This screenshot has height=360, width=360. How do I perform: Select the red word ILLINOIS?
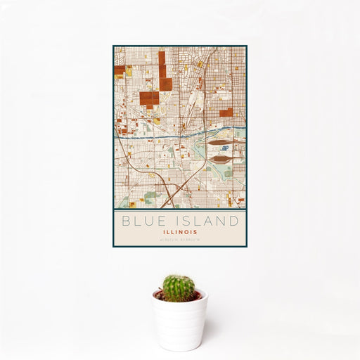tap(180, 231)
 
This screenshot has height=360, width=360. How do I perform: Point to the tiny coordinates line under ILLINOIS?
tap(180, 239)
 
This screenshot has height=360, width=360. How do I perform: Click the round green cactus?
tap(179, 288)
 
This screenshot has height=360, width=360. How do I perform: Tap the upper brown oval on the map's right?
tap(222, 143)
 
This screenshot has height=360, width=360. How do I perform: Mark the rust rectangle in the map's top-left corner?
tap(120, 70)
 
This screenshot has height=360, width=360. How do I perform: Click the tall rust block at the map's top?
tap(162, 70)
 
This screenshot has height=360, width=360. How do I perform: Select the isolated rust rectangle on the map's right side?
tap(226, 112)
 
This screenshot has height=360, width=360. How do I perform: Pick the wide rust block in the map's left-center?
tap(149, 98)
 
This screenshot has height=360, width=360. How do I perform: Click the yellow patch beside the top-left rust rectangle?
tap(129, 70)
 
